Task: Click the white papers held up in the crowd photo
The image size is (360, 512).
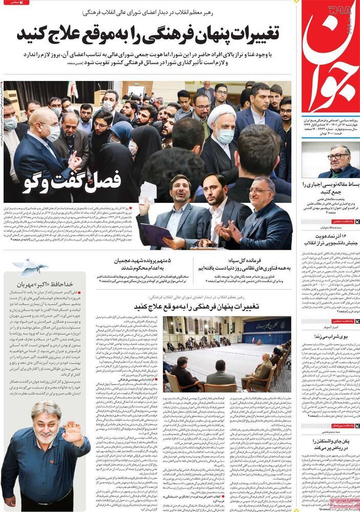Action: pyautogui.click(x=147, y=191)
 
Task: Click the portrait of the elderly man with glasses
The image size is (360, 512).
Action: pyautogui.click(x=330, y=159)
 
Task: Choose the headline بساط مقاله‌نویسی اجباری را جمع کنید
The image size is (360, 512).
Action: pyautogui.click(x=331, y=188)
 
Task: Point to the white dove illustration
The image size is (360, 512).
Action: pyautogui.click(x=31, y=266)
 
